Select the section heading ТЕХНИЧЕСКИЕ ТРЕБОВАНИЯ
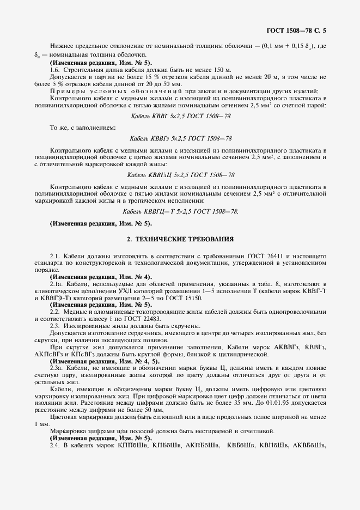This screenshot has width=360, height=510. click(x=180, y=239)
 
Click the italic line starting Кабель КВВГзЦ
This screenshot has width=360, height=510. click(x=180, y=175)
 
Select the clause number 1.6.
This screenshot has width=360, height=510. click(x=55, y=71)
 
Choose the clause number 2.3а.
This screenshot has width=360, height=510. click(x=57, y=369)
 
